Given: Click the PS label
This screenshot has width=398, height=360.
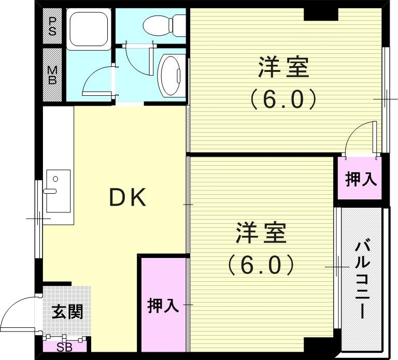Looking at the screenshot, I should coord(52,26).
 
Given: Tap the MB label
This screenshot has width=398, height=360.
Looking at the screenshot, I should coord(52,75).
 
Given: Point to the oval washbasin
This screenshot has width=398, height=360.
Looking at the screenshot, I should coord(169,76).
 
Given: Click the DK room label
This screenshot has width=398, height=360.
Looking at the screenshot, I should coord(128,198).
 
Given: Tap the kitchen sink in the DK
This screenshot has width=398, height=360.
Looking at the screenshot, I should coord(57,190).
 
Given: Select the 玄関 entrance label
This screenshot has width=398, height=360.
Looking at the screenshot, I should coord(67,312).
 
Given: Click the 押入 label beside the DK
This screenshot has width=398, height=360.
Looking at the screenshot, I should coord(163,306).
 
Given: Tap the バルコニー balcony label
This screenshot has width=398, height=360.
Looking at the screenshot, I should coord(362,280).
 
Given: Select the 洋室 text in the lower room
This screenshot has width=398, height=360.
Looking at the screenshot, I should coord(261,233).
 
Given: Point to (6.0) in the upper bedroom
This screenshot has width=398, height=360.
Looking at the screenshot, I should coord(283,99).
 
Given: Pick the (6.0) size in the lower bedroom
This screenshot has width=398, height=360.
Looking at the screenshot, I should coord(261,265).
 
